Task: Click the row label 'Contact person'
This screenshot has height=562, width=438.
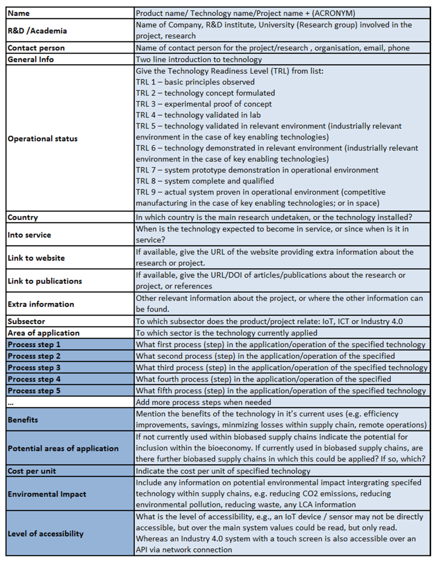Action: (36, 48)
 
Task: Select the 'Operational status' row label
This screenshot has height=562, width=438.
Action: (42, 139)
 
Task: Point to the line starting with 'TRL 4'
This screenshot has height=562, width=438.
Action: (198, 115)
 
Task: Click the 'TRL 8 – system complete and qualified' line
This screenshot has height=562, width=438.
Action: (205, 181)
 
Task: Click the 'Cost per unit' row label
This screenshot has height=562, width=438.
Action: (32, 471)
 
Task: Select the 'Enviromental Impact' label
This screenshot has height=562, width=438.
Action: (47, 494)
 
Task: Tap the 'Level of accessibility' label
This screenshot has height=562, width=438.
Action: (46, 534)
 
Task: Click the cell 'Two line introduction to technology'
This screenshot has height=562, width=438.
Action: (199, 59)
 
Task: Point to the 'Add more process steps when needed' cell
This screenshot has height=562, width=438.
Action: (203, 402)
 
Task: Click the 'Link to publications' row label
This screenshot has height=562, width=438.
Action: (45, 281)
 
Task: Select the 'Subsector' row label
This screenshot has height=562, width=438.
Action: (26, 321)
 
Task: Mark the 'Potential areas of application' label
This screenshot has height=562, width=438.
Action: (63, 448)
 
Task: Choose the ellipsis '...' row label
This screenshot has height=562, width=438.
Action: (11, 403)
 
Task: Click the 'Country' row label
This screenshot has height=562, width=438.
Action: (23, 217)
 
